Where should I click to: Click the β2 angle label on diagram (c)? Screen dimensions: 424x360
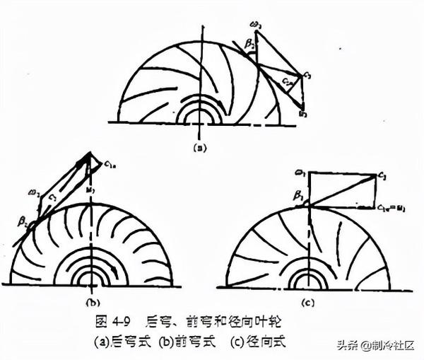[x=300, y=194]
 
